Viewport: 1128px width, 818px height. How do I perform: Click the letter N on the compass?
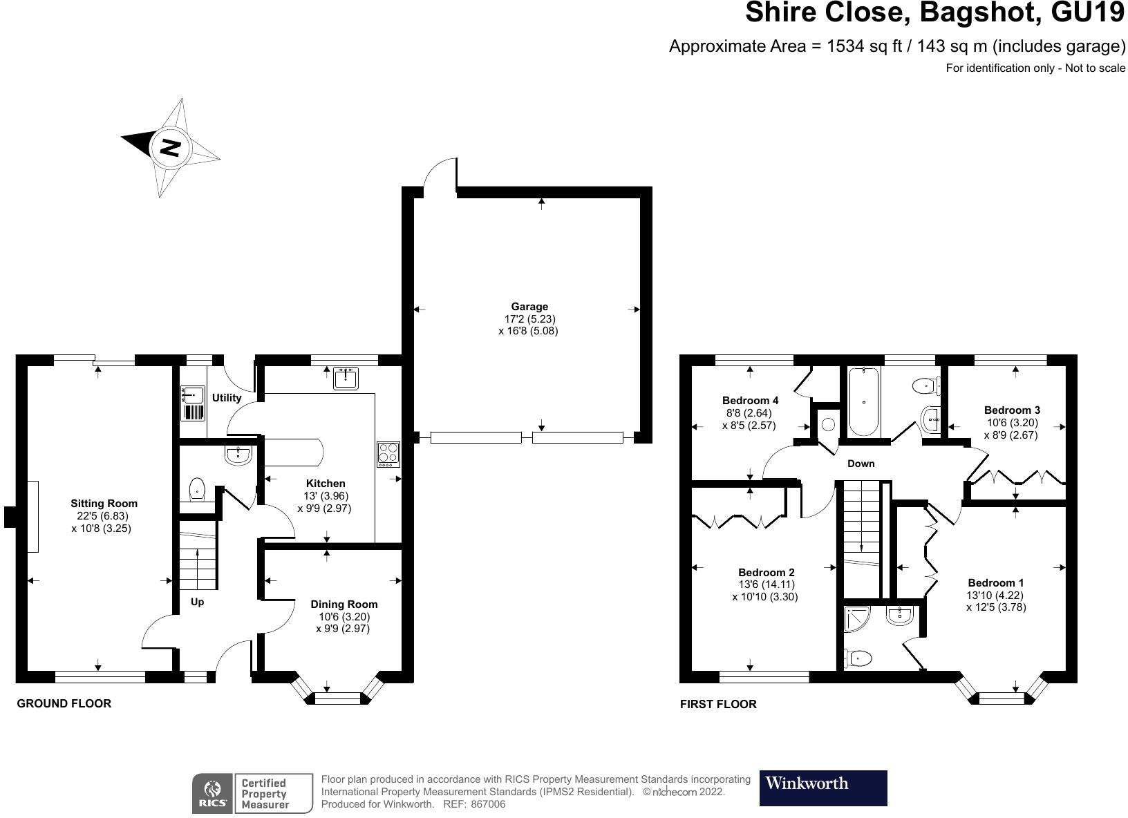pos(170,147)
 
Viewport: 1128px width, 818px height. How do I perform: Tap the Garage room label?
pos(529,307)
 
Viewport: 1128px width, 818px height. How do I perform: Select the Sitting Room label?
pos(104,504)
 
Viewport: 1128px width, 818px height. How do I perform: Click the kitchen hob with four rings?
pos(388,453)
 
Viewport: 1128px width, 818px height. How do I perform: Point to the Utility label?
pos(227,398)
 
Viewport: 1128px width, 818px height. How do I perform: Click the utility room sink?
pos(192,395)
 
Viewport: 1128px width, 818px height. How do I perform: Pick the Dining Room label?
pos(344,605)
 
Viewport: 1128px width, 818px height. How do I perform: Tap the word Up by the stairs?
pos(197,602)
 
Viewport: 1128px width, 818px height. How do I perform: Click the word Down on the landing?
pos(861,464)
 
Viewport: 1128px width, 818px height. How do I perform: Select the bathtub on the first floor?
pos(863,402)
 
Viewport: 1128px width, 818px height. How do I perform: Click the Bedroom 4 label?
pos(750,401)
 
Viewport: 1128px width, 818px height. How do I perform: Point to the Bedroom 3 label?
pos(1012,410)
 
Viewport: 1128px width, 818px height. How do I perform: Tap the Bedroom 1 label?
pos(996,582)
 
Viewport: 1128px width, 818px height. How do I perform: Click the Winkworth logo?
pos(822,788)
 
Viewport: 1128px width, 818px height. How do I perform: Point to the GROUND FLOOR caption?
pos(64,704)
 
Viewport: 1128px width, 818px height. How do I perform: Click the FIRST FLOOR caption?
pos(718,705)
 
